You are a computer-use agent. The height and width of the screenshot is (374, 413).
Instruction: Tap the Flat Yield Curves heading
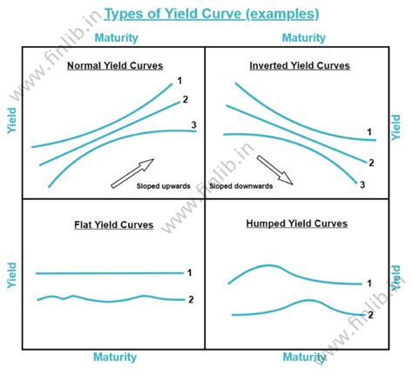pos(113,224)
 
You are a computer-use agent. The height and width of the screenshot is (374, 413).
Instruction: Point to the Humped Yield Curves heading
pos(297,224)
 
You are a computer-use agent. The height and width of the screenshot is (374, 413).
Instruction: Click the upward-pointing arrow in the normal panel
pos(132,172)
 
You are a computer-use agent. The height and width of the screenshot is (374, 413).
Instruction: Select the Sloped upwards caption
pos(164,185)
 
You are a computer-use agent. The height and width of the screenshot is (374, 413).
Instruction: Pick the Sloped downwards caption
pos(240,185)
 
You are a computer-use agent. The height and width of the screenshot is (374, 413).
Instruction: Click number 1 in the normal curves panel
pos(179,81)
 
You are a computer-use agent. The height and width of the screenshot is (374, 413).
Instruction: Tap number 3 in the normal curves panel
pos(193,125)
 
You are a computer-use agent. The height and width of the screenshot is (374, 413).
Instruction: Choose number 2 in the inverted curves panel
pos(371,163)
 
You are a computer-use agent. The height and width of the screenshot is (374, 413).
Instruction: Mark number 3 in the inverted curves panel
pos(362,184)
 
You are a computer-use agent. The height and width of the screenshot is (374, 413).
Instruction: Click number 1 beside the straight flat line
pos(189,273)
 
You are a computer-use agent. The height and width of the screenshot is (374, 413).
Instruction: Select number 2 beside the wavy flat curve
pos(189,299)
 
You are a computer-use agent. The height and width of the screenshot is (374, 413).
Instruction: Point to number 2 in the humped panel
pos(370,314)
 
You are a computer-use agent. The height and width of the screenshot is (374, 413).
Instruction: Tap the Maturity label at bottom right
pos(304,357)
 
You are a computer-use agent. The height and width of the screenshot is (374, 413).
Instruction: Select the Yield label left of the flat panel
pos(11,274)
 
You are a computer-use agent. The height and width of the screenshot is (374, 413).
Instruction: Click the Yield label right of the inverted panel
pos(397,127)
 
